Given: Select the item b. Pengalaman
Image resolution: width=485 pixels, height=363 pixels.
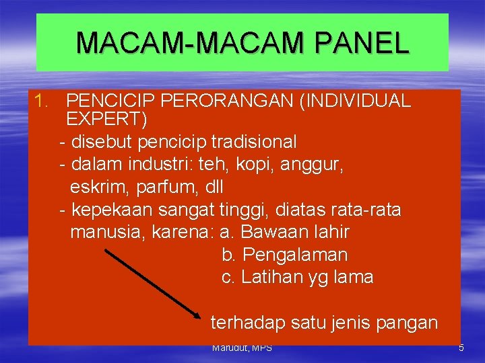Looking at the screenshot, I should (x=284, y=255).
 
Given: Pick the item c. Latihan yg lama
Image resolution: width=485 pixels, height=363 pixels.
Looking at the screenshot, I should (x=297, y=277).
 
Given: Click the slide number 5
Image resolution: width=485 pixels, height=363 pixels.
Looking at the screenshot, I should (x=461, y=348).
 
